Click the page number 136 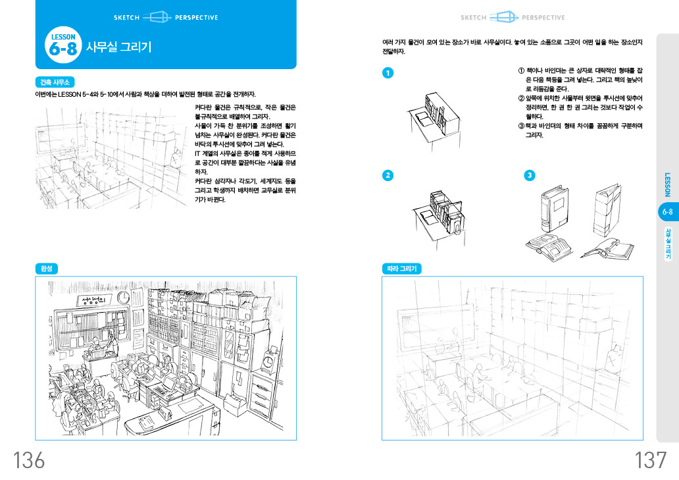tap(29, 460)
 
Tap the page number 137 tap(650, 460)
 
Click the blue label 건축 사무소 tap(55, 82)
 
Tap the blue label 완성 tap(47, 269)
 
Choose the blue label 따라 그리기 tap(402, 269)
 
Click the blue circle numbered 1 tap(388, 72)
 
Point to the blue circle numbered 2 tap(388, 175)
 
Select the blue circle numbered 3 tap(530, 175)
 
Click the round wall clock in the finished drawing tap(123, 298)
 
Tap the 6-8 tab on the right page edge tap(667, 212)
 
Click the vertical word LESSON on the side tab tap(667, 184)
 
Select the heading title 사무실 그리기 tap(119, 47)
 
